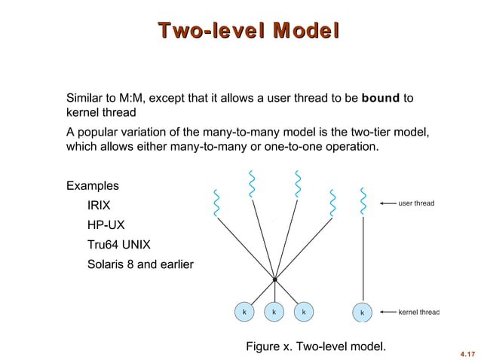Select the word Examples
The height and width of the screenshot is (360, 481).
93,185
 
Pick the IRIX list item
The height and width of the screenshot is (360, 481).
100,205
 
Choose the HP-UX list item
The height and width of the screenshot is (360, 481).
105,224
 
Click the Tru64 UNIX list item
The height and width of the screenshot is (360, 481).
119,245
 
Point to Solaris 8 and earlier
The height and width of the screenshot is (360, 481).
140,264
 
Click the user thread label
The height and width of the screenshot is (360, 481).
416,203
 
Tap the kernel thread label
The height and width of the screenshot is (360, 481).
418,311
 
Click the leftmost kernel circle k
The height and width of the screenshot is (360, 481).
244,311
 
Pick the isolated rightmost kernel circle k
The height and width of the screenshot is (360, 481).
363,312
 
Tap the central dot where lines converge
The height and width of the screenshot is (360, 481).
275,279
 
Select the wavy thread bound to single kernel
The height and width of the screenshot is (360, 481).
363,201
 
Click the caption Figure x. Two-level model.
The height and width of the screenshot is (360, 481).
316,346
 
